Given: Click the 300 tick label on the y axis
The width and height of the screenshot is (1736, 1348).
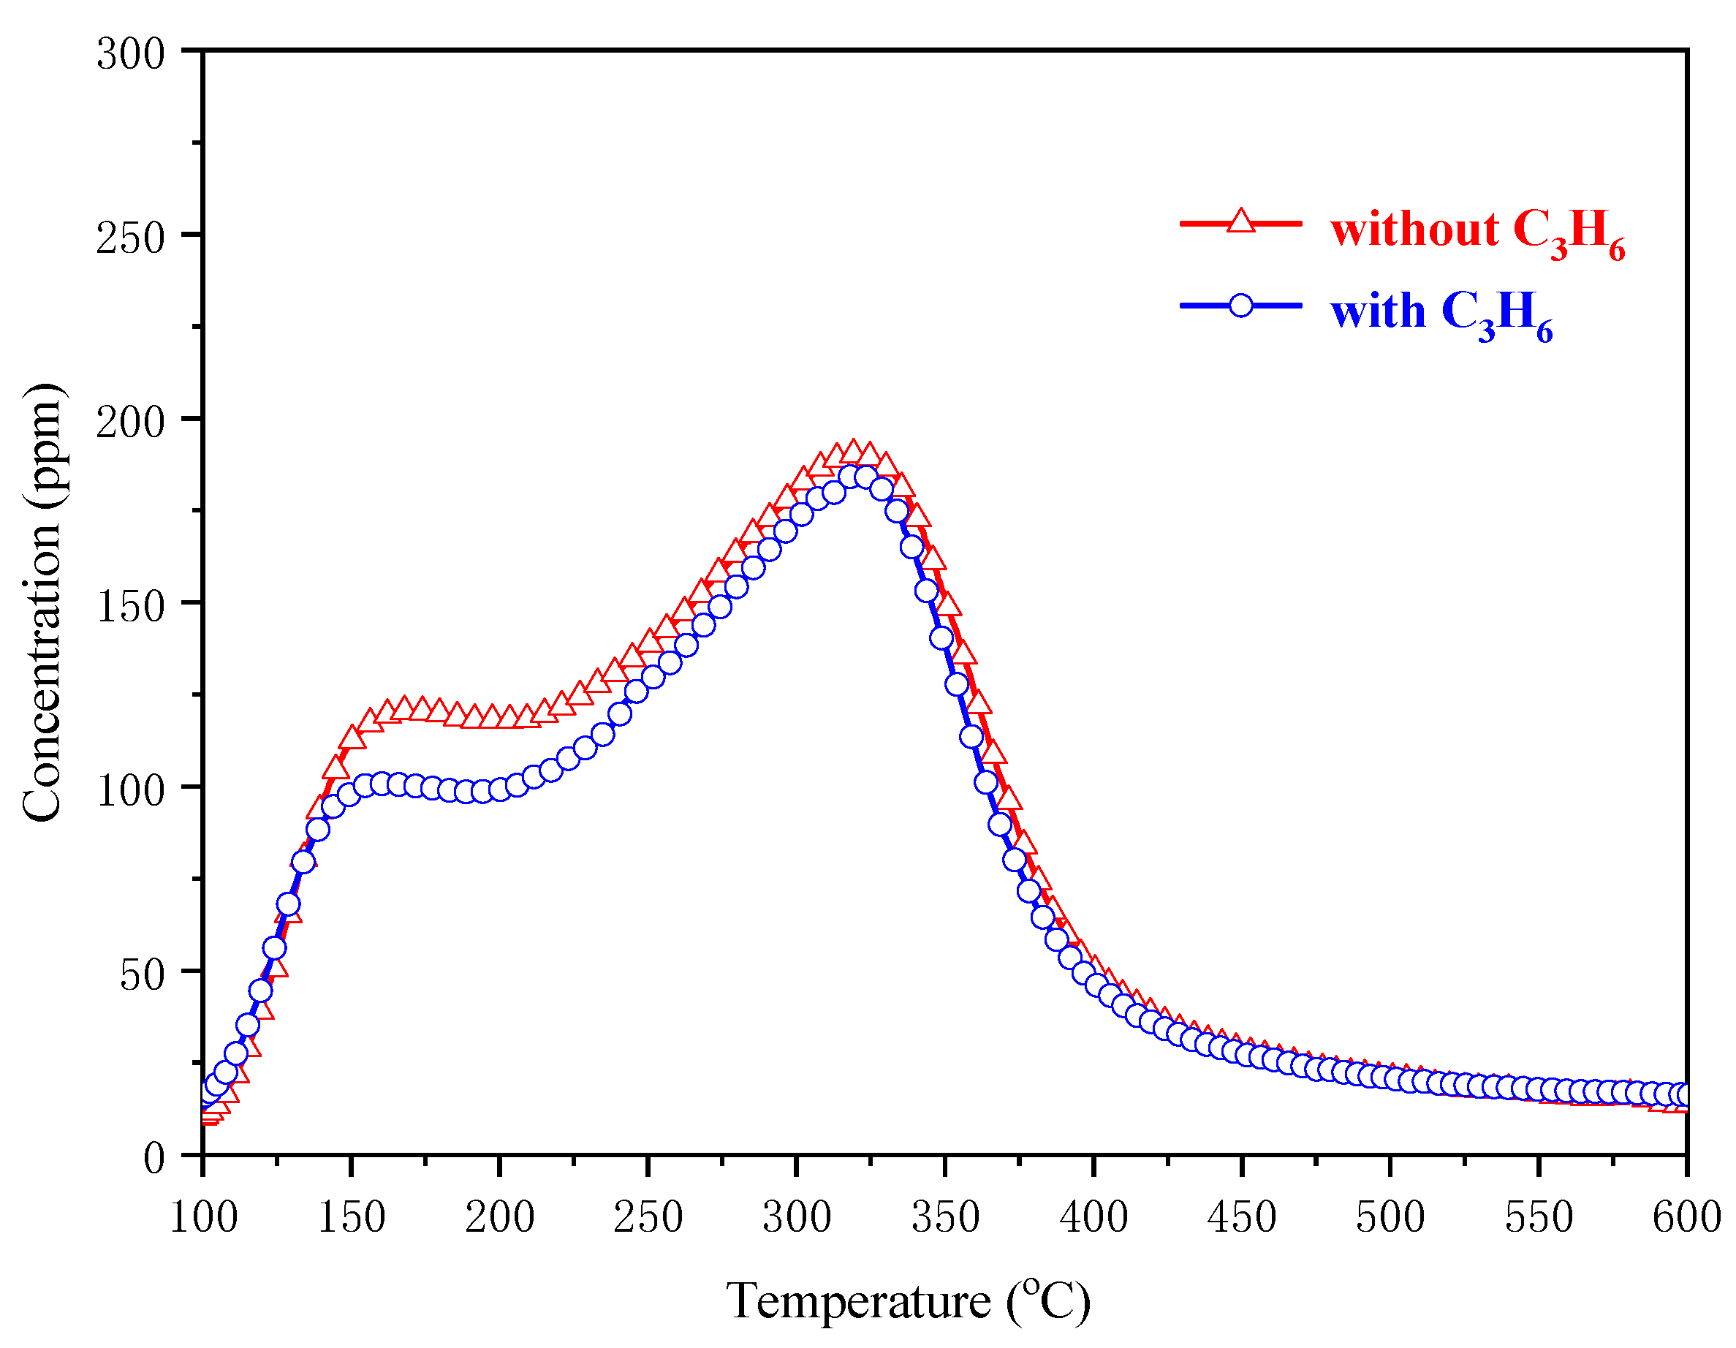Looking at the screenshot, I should point(130,55).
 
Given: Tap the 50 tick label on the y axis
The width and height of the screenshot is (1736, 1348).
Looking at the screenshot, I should point(143,975).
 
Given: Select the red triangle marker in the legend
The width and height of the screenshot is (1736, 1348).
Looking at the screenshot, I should point(1241,221).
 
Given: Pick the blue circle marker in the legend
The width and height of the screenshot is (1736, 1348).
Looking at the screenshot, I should point(1241,306).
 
